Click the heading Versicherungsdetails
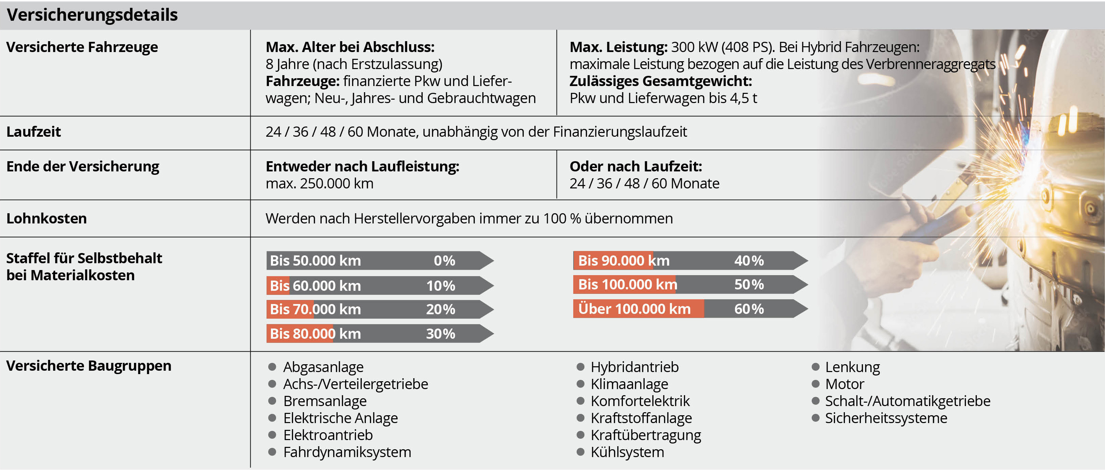click(92, 15)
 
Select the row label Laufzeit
click(33, 132)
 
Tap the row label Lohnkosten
click(46, 218)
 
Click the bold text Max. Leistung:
click(618, 47)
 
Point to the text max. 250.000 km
click(319, 184)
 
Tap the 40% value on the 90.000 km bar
click(749, 261)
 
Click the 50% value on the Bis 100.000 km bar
click(749, 285)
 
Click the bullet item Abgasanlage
click(323, 367)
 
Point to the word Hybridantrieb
click(634, 367)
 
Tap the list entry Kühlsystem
click(627, 452)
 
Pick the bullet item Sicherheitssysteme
click(886, 418)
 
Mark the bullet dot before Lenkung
click(815, 367)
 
